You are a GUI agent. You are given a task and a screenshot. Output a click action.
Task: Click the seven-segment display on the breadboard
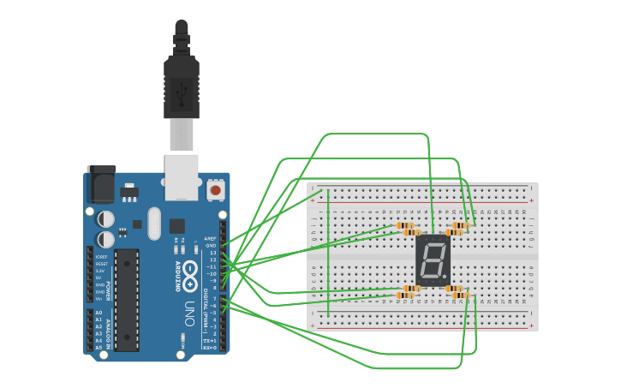coord(432,260)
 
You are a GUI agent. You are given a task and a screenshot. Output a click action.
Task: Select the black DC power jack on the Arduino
coord(101,184)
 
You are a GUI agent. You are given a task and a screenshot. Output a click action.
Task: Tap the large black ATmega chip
coord(127,300)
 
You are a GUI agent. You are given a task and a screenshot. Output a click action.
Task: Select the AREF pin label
coord(211,239)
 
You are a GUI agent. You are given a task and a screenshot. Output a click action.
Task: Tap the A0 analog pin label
coord(99,313)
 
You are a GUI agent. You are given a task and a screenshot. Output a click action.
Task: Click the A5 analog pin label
coord(99,347)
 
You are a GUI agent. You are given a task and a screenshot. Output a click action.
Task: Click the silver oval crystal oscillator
coord(154,224)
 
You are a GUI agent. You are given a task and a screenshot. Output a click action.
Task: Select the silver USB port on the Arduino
coord(182,177)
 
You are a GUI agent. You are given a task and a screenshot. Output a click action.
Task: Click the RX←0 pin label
coord(210,347)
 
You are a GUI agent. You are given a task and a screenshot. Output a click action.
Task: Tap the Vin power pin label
coord(99,298)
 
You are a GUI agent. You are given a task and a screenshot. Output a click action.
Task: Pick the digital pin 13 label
coord(212,253)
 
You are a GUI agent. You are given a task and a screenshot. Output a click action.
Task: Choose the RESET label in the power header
coord(101,264)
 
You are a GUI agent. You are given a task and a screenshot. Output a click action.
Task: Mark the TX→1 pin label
coord(210,340)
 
